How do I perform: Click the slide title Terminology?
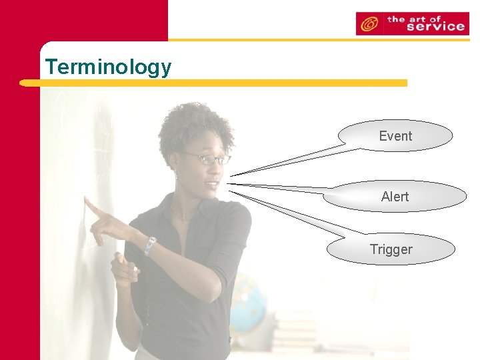(x=108, y=67)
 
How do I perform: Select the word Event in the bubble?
(x=395, y=136)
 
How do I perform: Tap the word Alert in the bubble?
(x=395, y=197)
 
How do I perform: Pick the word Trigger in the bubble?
(x=391, y=250)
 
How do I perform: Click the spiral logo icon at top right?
(x=367, y=25)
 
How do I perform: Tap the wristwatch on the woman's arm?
(x=150, y=245)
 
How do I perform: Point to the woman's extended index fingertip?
(x=86, y=199)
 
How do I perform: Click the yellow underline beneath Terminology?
(x=213, y=83)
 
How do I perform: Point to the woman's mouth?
(x=213, y=185)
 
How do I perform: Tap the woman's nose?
(x=217, y=171)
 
